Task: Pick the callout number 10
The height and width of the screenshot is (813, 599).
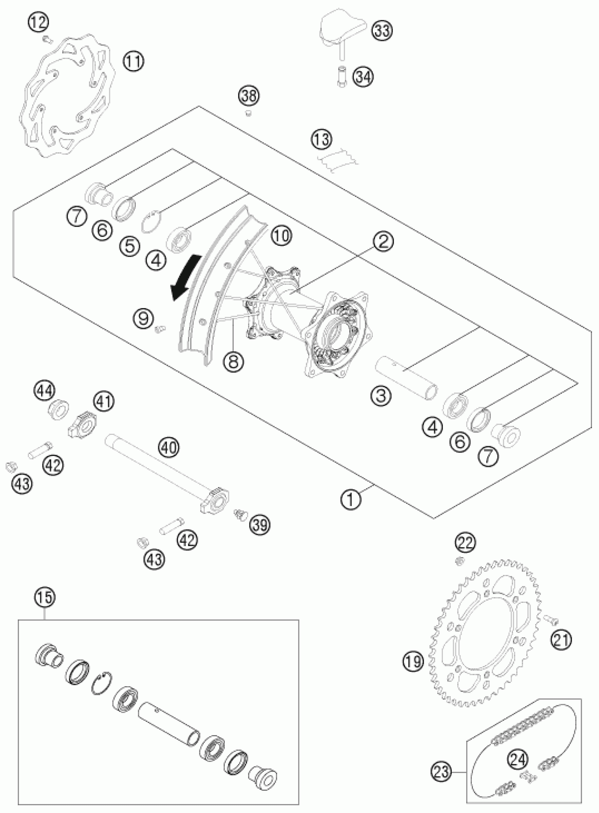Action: tap(281, 236)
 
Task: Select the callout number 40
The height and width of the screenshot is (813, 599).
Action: tap(169, 448)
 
